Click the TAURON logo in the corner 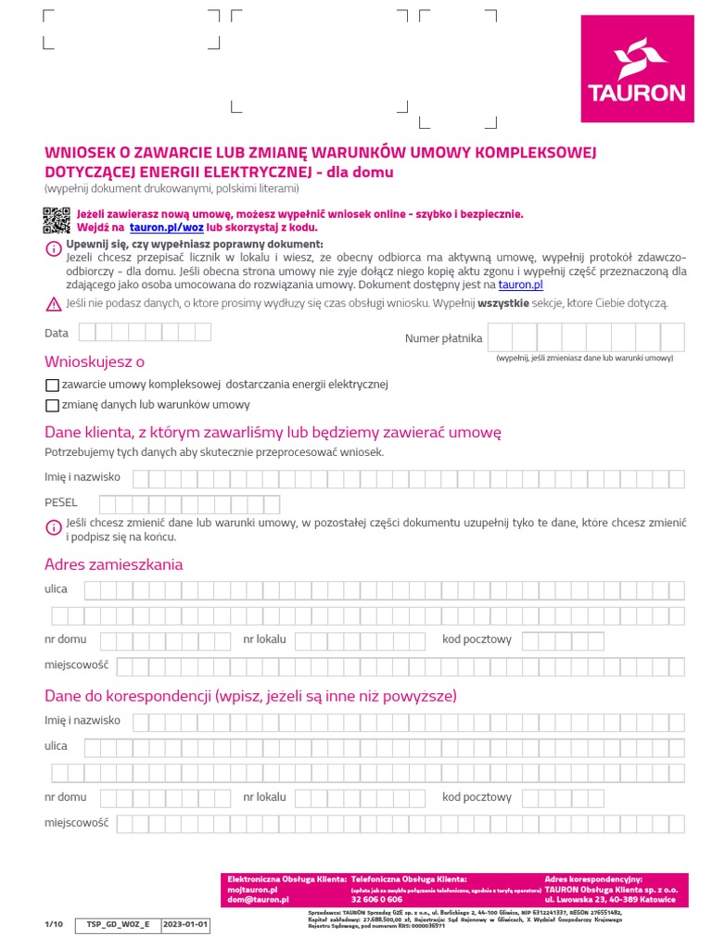coord(637,69)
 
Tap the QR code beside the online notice coord(57,221)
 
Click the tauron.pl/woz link coord(166,227)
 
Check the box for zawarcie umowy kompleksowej coord(52,385)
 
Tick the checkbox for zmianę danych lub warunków coord(52,405)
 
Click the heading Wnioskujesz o coord(95,361)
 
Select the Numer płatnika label coord(443,338)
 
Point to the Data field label coord(57,333)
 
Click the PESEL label coord(61,502)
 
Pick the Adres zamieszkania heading coord(114,564)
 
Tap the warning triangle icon coord(53,303)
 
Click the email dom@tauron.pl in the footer coord(259,900)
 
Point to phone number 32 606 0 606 coord(376,900)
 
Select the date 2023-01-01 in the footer coord(185,925)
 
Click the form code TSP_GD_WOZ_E coord(118,925)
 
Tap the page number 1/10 coord(54,925)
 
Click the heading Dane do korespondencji coord(250,696)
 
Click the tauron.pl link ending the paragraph coord(520,285)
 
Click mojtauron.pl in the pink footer coord(253,889)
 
